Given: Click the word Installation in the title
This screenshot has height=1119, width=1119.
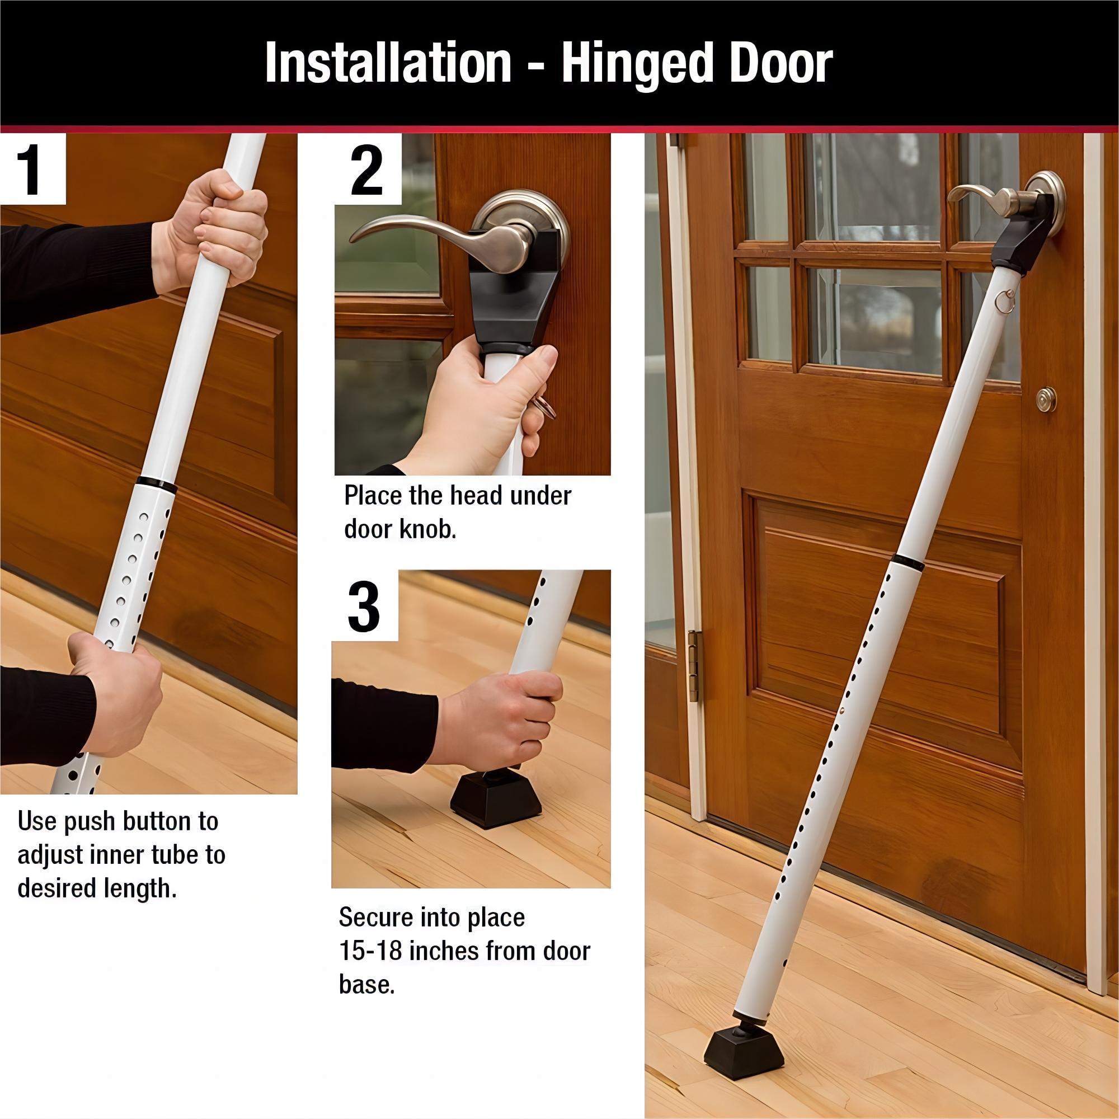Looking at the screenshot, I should (388, 64).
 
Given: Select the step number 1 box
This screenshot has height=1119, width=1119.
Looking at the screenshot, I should (32, 170).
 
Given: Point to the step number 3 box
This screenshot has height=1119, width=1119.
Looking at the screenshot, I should (364, 606).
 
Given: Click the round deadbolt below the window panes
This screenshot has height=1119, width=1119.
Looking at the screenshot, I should (1046, 399).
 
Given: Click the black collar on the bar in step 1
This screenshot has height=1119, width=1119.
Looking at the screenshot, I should (158, 484).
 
